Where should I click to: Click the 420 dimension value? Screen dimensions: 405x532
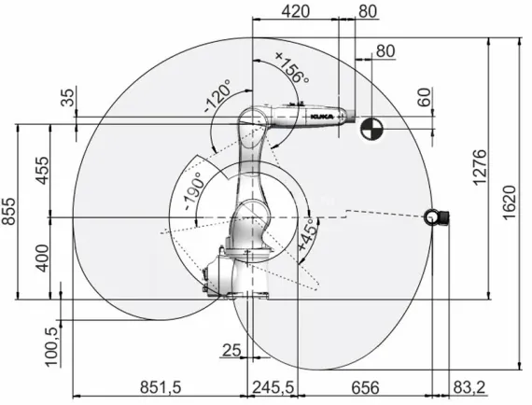(x=295, y=12)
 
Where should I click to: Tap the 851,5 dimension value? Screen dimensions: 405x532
(x=160, y=384)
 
